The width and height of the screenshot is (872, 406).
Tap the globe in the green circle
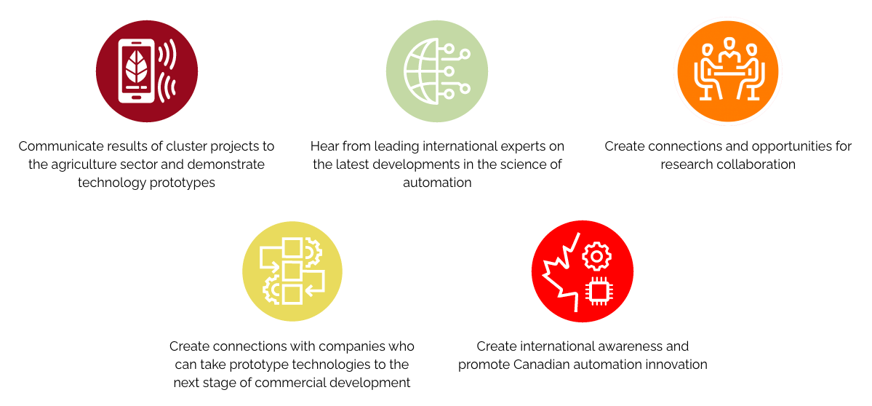point(424,71)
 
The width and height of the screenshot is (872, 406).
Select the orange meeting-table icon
point(728,72)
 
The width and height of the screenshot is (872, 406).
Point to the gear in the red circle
point(596,256)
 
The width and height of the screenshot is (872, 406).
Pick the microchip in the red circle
point(597,290)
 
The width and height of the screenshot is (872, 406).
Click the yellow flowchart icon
point(292,271)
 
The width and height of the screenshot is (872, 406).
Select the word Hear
point(323,146)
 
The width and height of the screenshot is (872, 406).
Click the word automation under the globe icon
point(437,183)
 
